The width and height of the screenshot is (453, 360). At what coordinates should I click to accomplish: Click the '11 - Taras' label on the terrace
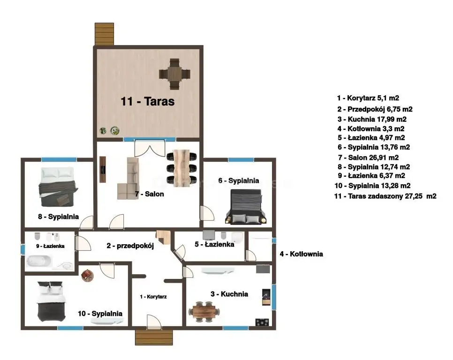[x=147, y=101]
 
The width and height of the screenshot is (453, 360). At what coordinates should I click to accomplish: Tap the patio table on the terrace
[x=174, y=74]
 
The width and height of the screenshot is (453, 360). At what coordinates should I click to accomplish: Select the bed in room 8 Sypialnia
[x=58, y=187]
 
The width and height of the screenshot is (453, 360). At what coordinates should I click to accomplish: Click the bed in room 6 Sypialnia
[x=246, y=207]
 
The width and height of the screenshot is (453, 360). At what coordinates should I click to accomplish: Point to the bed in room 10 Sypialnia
[x=52, y=301]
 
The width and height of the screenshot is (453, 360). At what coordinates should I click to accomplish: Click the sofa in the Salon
[x=128, y=179]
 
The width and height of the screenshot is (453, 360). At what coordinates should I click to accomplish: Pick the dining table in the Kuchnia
[x=204, y=312]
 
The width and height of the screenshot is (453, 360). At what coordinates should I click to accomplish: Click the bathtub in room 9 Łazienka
[x=39, y=261]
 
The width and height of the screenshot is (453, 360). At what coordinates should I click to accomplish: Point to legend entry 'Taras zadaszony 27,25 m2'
[x=385, y=196]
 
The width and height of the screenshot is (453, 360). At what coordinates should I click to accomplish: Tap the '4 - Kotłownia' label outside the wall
[x=301, y=254]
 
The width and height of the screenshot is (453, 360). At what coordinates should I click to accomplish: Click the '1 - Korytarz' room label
[x=153, y=297]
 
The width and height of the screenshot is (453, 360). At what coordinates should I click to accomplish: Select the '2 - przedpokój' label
[x=130, y=246]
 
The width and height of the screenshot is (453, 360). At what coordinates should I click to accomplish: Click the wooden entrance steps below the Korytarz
[x=154, y=337]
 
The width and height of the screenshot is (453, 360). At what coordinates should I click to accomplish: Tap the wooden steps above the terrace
[x=104, y=34]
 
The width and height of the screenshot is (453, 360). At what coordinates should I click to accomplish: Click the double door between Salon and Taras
[x=150, y=147]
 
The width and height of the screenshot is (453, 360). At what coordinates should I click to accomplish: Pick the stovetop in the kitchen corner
[x=262, y=322]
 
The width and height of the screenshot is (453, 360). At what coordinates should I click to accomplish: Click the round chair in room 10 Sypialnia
[x=87, y=276]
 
